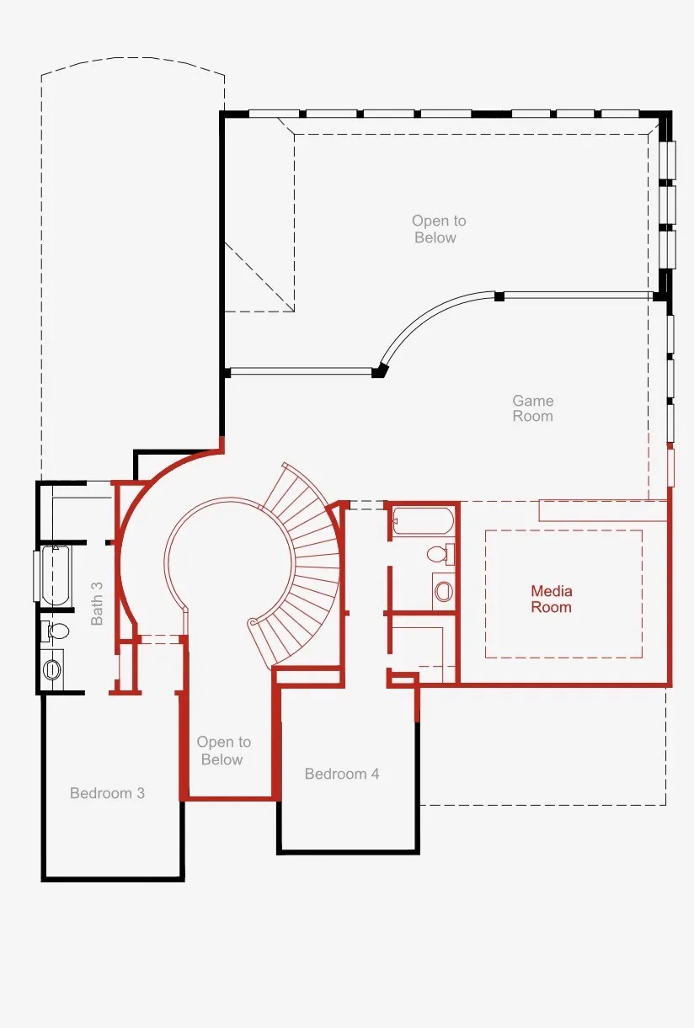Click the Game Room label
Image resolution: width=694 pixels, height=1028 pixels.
coord(533,408)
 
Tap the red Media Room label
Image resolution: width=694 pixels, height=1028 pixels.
coord(552,599)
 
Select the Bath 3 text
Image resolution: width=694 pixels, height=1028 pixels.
coord(96,603)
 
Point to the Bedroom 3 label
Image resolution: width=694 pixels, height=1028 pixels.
coord(108,793)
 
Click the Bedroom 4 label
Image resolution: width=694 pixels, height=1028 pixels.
coord(342,774)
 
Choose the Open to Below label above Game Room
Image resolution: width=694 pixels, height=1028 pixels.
coord(439,229)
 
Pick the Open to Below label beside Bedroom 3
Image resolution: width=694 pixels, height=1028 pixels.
coord(223,750)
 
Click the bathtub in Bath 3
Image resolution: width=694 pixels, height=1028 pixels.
coord(56,576)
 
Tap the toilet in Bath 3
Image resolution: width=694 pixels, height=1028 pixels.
coord(55,631)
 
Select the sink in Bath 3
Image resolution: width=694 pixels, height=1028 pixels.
coord(52,669)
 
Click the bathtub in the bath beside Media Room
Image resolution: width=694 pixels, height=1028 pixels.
coord(423,521)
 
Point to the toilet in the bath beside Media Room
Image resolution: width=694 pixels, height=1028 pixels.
coord(440,554)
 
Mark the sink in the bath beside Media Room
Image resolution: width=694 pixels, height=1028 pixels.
coord(443,591)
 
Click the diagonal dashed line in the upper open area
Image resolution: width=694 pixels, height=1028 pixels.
coord(259,277)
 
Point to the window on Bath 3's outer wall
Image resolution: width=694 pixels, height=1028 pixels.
coord(36,576)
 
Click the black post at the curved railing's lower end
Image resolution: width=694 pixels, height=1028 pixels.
coord(379,370)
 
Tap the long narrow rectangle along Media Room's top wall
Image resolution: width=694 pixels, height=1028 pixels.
coord(603,511)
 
